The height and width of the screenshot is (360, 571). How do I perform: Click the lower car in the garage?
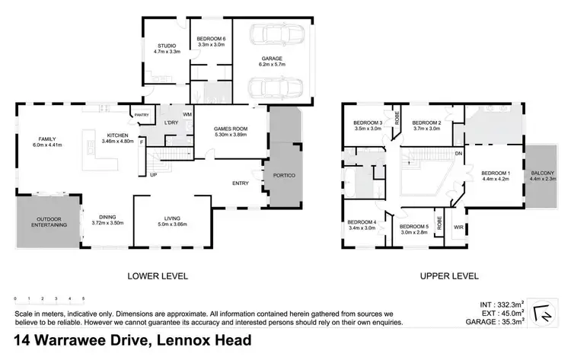pyautogui.click(x=274, y=88)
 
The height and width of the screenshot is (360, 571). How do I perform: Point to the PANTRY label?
pyautogui.click(x=142, y=115)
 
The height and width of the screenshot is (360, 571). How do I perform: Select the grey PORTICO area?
pyautogui.click(x=282, y=175)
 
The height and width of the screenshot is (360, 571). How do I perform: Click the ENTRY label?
pyautogui.click(x=240, y=183)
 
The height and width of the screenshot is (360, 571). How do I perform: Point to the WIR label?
pyautogui.click(x=458, y=227)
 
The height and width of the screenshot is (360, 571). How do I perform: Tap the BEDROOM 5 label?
pyautogui.click(x=415, y=226)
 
